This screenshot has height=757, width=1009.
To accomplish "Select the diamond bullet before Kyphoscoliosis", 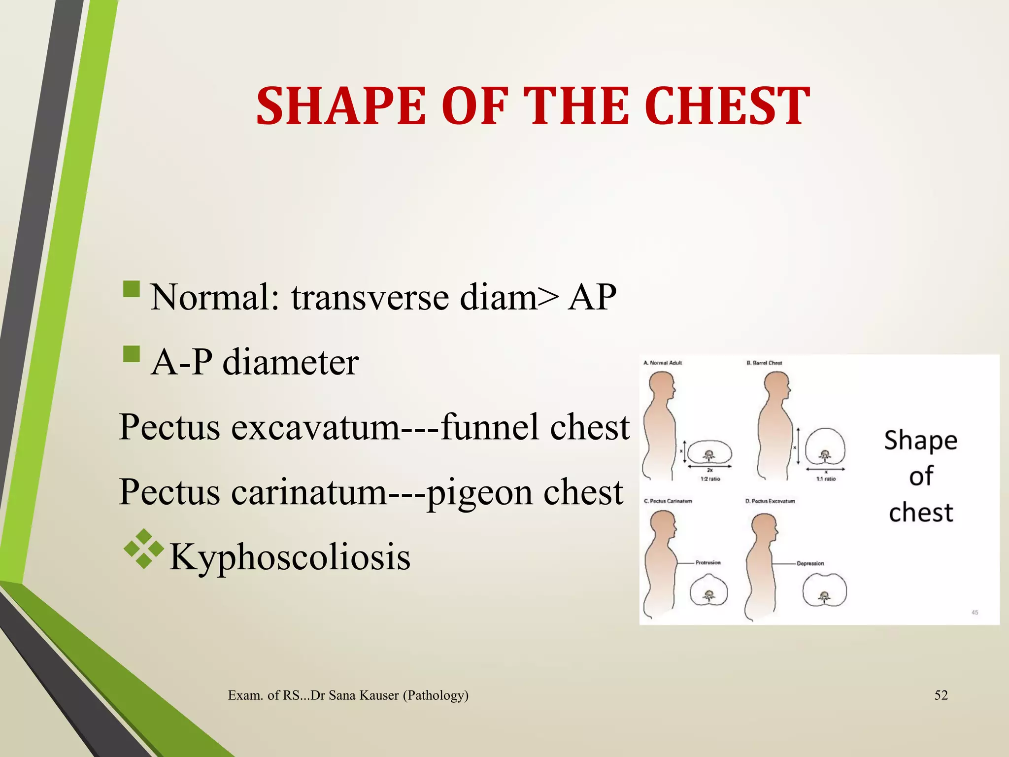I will tap(143, 549).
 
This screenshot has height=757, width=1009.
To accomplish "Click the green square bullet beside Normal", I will tap(132, 289).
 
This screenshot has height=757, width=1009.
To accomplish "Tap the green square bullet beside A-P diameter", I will tap(132, 354).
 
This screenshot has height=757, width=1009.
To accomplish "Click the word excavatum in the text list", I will tap(315, 427).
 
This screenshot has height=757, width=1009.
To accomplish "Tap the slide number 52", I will tap(941, 695).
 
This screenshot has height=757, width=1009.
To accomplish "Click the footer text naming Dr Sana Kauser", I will tap(348, 695).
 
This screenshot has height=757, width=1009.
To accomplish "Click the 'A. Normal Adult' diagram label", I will tap(663, 363).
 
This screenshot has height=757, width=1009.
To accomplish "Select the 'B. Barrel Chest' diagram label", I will tap(764, 363).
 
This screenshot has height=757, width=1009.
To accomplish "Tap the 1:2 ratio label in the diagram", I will tap(710, 479).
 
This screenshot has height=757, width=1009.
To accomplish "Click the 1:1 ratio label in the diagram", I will tap(826, 479).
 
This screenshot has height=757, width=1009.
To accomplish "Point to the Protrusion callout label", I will tap(708, 562).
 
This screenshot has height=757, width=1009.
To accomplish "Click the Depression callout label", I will tap(810, 563).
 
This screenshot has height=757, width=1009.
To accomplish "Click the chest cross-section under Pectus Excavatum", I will tap(824, 590).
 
